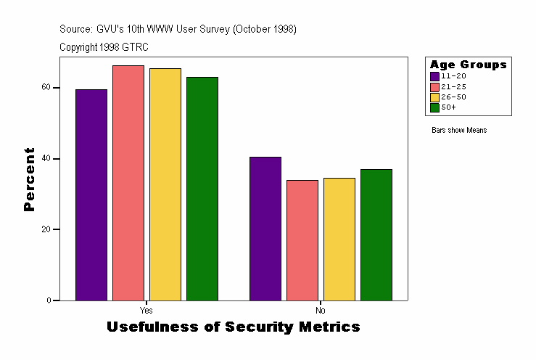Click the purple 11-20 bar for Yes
click(91, 195)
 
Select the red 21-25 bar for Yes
click(128, 183)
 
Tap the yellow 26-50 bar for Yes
click(165, 184)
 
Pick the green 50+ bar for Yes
click(202, 189)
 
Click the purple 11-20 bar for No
click(265, 229)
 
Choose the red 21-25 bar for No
click(302, 240)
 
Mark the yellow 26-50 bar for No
click(339, 239)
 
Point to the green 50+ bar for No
click(376, 234)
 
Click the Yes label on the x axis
click(146, 309)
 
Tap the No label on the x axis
click(321, 309)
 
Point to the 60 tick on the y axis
click(46, 87)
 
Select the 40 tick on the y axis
click(46, 158)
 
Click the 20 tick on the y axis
click(46, 229)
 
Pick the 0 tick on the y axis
click(48, 300)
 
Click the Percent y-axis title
click(29, 179)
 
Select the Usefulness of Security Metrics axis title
click(233, 327)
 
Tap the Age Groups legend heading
click(468, 65)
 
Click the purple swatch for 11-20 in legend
click(434, 76)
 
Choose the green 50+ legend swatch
click(434, 107)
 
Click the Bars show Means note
click(458, 131)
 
